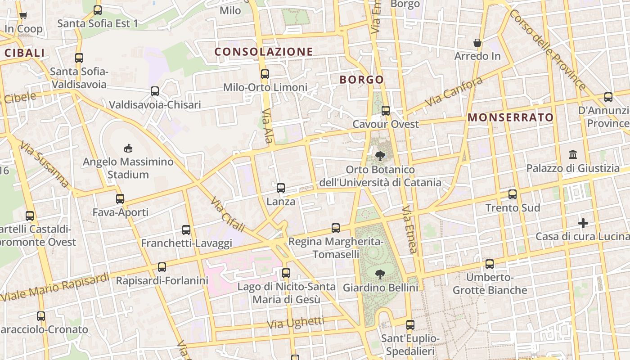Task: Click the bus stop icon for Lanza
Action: click(x=281, y=188)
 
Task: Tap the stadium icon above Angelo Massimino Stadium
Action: click(x=128, y=148)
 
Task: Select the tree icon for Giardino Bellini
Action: click(x=380, y=274)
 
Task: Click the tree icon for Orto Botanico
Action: click(x=380, y=156)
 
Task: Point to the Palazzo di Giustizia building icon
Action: click(x=573, y=155)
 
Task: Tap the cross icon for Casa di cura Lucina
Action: click(x=583, y=223)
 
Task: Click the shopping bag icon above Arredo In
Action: click(x=477, y=43)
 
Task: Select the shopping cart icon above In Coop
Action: click(x=23, y=15)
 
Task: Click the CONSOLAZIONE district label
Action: click(x=264, y=52)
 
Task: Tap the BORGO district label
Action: click(x=362, y=80)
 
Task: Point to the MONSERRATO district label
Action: click(x=511, y=117)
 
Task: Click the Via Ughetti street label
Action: click(x=295, y=323)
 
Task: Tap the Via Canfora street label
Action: click(x=454, y=92)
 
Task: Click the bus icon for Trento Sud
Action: click(x=513, y=194)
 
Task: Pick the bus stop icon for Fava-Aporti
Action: click(x=120, y=199)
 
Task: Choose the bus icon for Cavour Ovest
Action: click(x=386, y=111)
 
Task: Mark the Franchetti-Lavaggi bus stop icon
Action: click(x=186, y=230)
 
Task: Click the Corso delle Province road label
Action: click(x=548, y=49)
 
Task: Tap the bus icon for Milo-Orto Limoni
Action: click(x=265, y=74)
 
